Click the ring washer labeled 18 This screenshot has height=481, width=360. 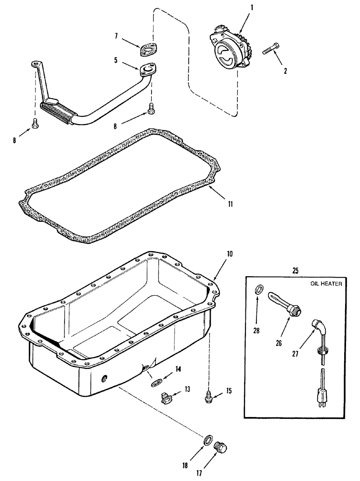coord(208,440)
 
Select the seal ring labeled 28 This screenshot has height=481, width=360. coord(258,290)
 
